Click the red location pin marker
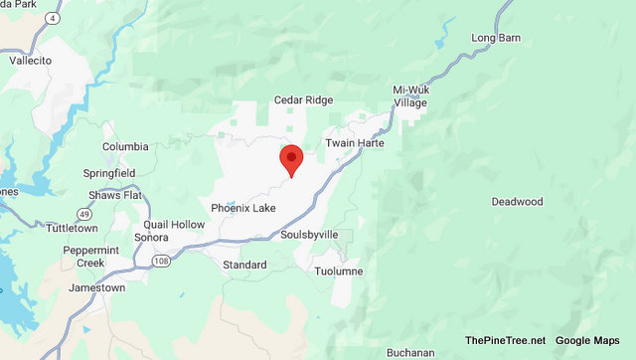[x=291, y=160]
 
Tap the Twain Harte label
[x=354, y=143]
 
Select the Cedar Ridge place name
[x=303, y=100]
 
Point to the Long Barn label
[x=496, y=38]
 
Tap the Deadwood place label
[x=517, y=202]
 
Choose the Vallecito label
[x=44, y=60]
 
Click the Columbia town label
[x=125, y=147]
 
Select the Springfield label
[x=108, y=173]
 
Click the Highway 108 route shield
[x=161, y=260]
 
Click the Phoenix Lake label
[x=242, y=208]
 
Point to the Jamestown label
[x=97, y=287]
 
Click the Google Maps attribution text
[x=586, y=340]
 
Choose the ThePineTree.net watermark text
[x=504, y=340]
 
